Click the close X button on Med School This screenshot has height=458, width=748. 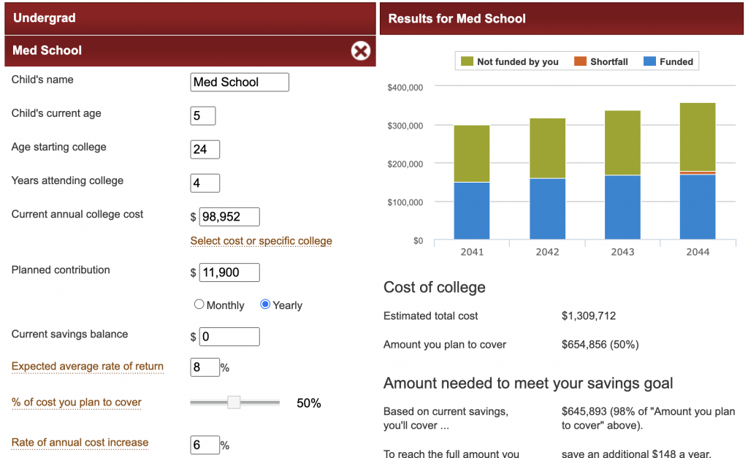point(361,50)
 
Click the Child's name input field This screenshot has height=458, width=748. point(240,82)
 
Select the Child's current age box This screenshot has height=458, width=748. point(202,115)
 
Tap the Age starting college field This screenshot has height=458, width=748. point(205,149)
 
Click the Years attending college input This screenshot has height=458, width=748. point(205,183)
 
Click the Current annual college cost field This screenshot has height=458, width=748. point(229,216)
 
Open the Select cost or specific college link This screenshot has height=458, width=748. point(261,241)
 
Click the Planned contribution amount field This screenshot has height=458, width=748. point(229,272)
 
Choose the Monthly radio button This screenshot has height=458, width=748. point(199,305)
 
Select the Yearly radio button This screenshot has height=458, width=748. point(265,305)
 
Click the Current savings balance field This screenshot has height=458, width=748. point(229,337)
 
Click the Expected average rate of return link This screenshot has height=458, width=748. point(88,367)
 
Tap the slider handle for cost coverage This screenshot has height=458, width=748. point(234,402)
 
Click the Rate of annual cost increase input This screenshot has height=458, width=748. point(205,444)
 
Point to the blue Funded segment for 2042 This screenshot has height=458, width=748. point(547,209)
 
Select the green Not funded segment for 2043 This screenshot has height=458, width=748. point(622,143)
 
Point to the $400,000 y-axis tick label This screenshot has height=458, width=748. point(405,88)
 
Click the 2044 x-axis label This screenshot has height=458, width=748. point(698,252)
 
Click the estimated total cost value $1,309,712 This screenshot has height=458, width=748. point(589,316)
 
